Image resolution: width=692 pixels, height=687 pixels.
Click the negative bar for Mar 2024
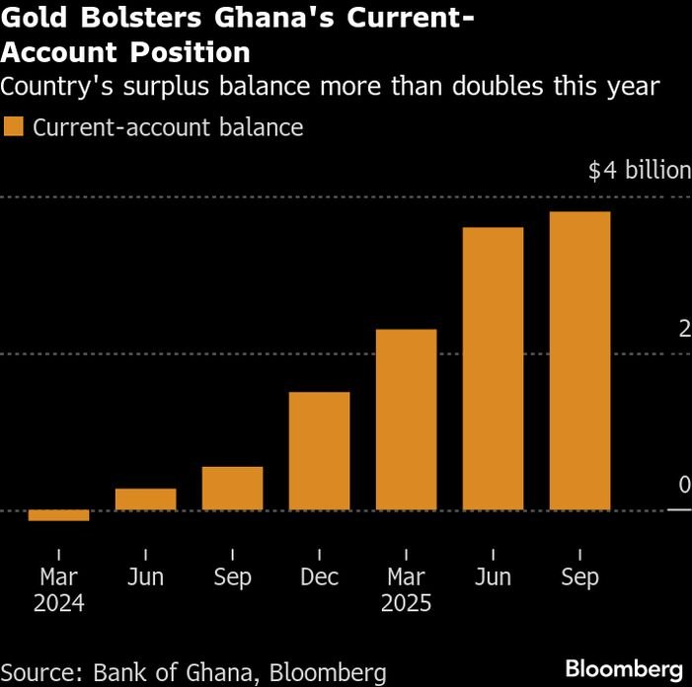coord(58,515)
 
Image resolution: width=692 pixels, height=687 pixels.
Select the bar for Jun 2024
coord(145,499)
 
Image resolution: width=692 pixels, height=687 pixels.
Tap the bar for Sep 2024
coord(232,489)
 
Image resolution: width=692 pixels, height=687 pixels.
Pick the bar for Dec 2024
coord(319,451)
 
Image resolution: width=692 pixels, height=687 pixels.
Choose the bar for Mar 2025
coord(406,420)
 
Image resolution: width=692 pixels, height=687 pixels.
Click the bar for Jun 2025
coord(493,369)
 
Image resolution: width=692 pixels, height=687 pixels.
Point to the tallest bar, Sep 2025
coord(579,361)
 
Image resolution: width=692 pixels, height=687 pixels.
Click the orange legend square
coord(14,127)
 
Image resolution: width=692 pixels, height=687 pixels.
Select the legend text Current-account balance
coord(168,127)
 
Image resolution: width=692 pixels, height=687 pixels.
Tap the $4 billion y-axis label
coord(639,171)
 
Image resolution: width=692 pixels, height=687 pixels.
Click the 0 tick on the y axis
coord(684,485)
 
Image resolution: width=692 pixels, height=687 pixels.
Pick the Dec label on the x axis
coord(319,577)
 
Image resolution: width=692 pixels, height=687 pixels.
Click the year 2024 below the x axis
coord(58,603)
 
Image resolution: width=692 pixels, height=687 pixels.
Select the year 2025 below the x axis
coord(406,603)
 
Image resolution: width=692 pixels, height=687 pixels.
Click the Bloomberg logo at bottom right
coord(624,666)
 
